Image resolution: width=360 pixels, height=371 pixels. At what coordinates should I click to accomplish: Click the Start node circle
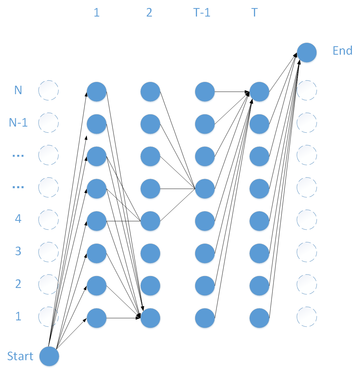(49, 356)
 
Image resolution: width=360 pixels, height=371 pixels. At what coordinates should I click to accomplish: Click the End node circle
(307, 53)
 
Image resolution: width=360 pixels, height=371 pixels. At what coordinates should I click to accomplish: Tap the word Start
(20, 356)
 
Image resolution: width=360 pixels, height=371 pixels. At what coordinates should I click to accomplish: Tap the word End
(342, 51)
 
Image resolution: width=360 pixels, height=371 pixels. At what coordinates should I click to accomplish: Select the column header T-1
(202, 13)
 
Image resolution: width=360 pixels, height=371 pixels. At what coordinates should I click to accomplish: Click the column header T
(255, 13)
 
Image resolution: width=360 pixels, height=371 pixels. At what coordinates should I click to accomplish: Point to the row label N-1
(18, 123)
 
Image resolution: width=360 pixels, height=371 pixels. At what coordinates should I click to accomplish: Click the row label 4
(18, 219)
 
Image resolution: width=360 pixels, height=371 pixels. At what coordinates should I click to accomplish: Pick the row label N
(18, 90)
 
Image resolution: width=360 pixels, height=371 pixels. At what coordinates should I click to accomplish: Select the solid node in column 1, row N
(97, 91)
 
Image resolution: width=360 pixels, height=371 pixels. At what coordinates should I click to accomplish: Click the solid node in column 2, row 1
(150, 318)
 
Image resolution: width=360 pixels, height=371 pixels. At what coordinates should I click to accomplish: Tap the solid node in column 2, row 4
(150, 221)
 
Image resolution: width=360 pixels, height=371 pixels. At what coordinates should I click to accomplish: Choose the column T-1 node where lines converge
(205, 189)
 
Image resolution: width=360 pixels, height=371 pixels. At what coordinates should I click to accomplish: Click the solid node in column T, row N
(259, 91)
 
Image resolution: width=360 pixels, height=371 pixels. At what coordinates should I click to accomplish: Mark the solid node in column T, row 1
(259, 318)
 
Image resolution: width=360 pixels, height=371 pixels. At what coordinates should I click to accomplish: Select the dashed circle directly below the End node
(307, 90)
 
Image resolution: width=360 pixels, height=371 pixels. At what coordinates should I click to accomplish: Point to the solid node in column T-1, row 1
(205, 318)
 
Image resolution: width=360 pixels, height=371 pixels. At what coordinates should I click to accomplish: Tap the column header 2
(149, 13)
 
